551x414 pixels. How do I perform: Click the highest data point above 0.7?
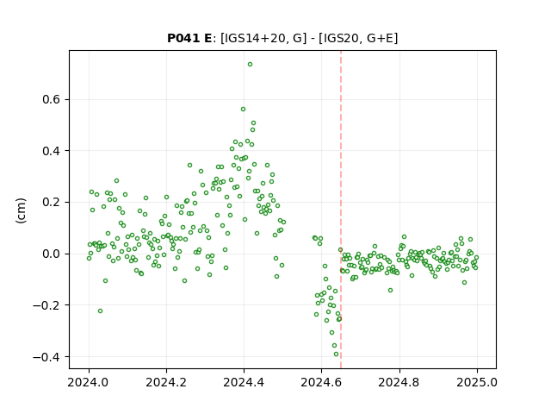pyautogui.click(x=250, y=65)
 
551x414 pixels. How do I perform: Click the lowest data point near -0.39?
pyautogui.click(x=336, y=354)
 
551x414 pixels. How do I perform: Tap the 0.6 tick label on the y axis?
pyautogui.click(x=52, y=100)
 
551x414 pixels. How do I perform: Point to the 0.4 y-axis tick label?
pyautogui.click(x=52, y=151)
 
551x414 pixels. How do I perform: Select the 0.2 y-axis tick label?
pyautogui.click(x=52, y=203)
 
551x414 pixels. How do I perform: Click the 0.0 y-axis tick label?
pyautogui.click(x=52, y=254)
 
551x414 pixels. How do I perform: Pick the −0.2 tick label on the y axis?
pyautogui.click(x=46, y=305)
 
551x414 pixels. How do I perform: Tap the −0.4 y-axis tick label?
pyautogui.click(x=46, y=357)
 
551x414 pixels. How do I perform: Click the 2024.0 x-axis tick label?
pyautogui.click(x=89, y=382)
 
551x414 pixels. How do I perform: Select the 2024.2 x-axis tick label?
pyautogui.click(x=166, y=382)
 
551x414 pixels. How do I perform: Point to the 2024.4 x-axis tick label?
pyautogui.click(x=244, y=382)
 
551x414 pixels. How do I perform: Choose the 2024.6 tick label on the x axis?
pyautogui.click(x=321, y=382)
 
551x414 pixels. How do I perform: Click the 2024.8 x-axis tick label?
pyautogui.click(x=399, y=382)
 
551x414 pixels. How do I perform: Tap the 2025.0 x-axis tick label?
pyautogui.click(x=477, y=382)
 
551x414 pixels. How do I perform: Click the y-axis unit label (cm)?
pyautogui.click(x=21, y=210)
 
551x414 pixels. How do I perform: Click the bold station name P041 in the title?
pyautogui.click(x=183, y=38)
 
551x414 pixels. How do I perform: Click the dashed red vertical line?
pyautogui.click(x=341, y=210)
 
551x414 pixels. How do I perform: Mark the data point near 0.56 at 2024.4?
pyautogui.click(x=243, y=110)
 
